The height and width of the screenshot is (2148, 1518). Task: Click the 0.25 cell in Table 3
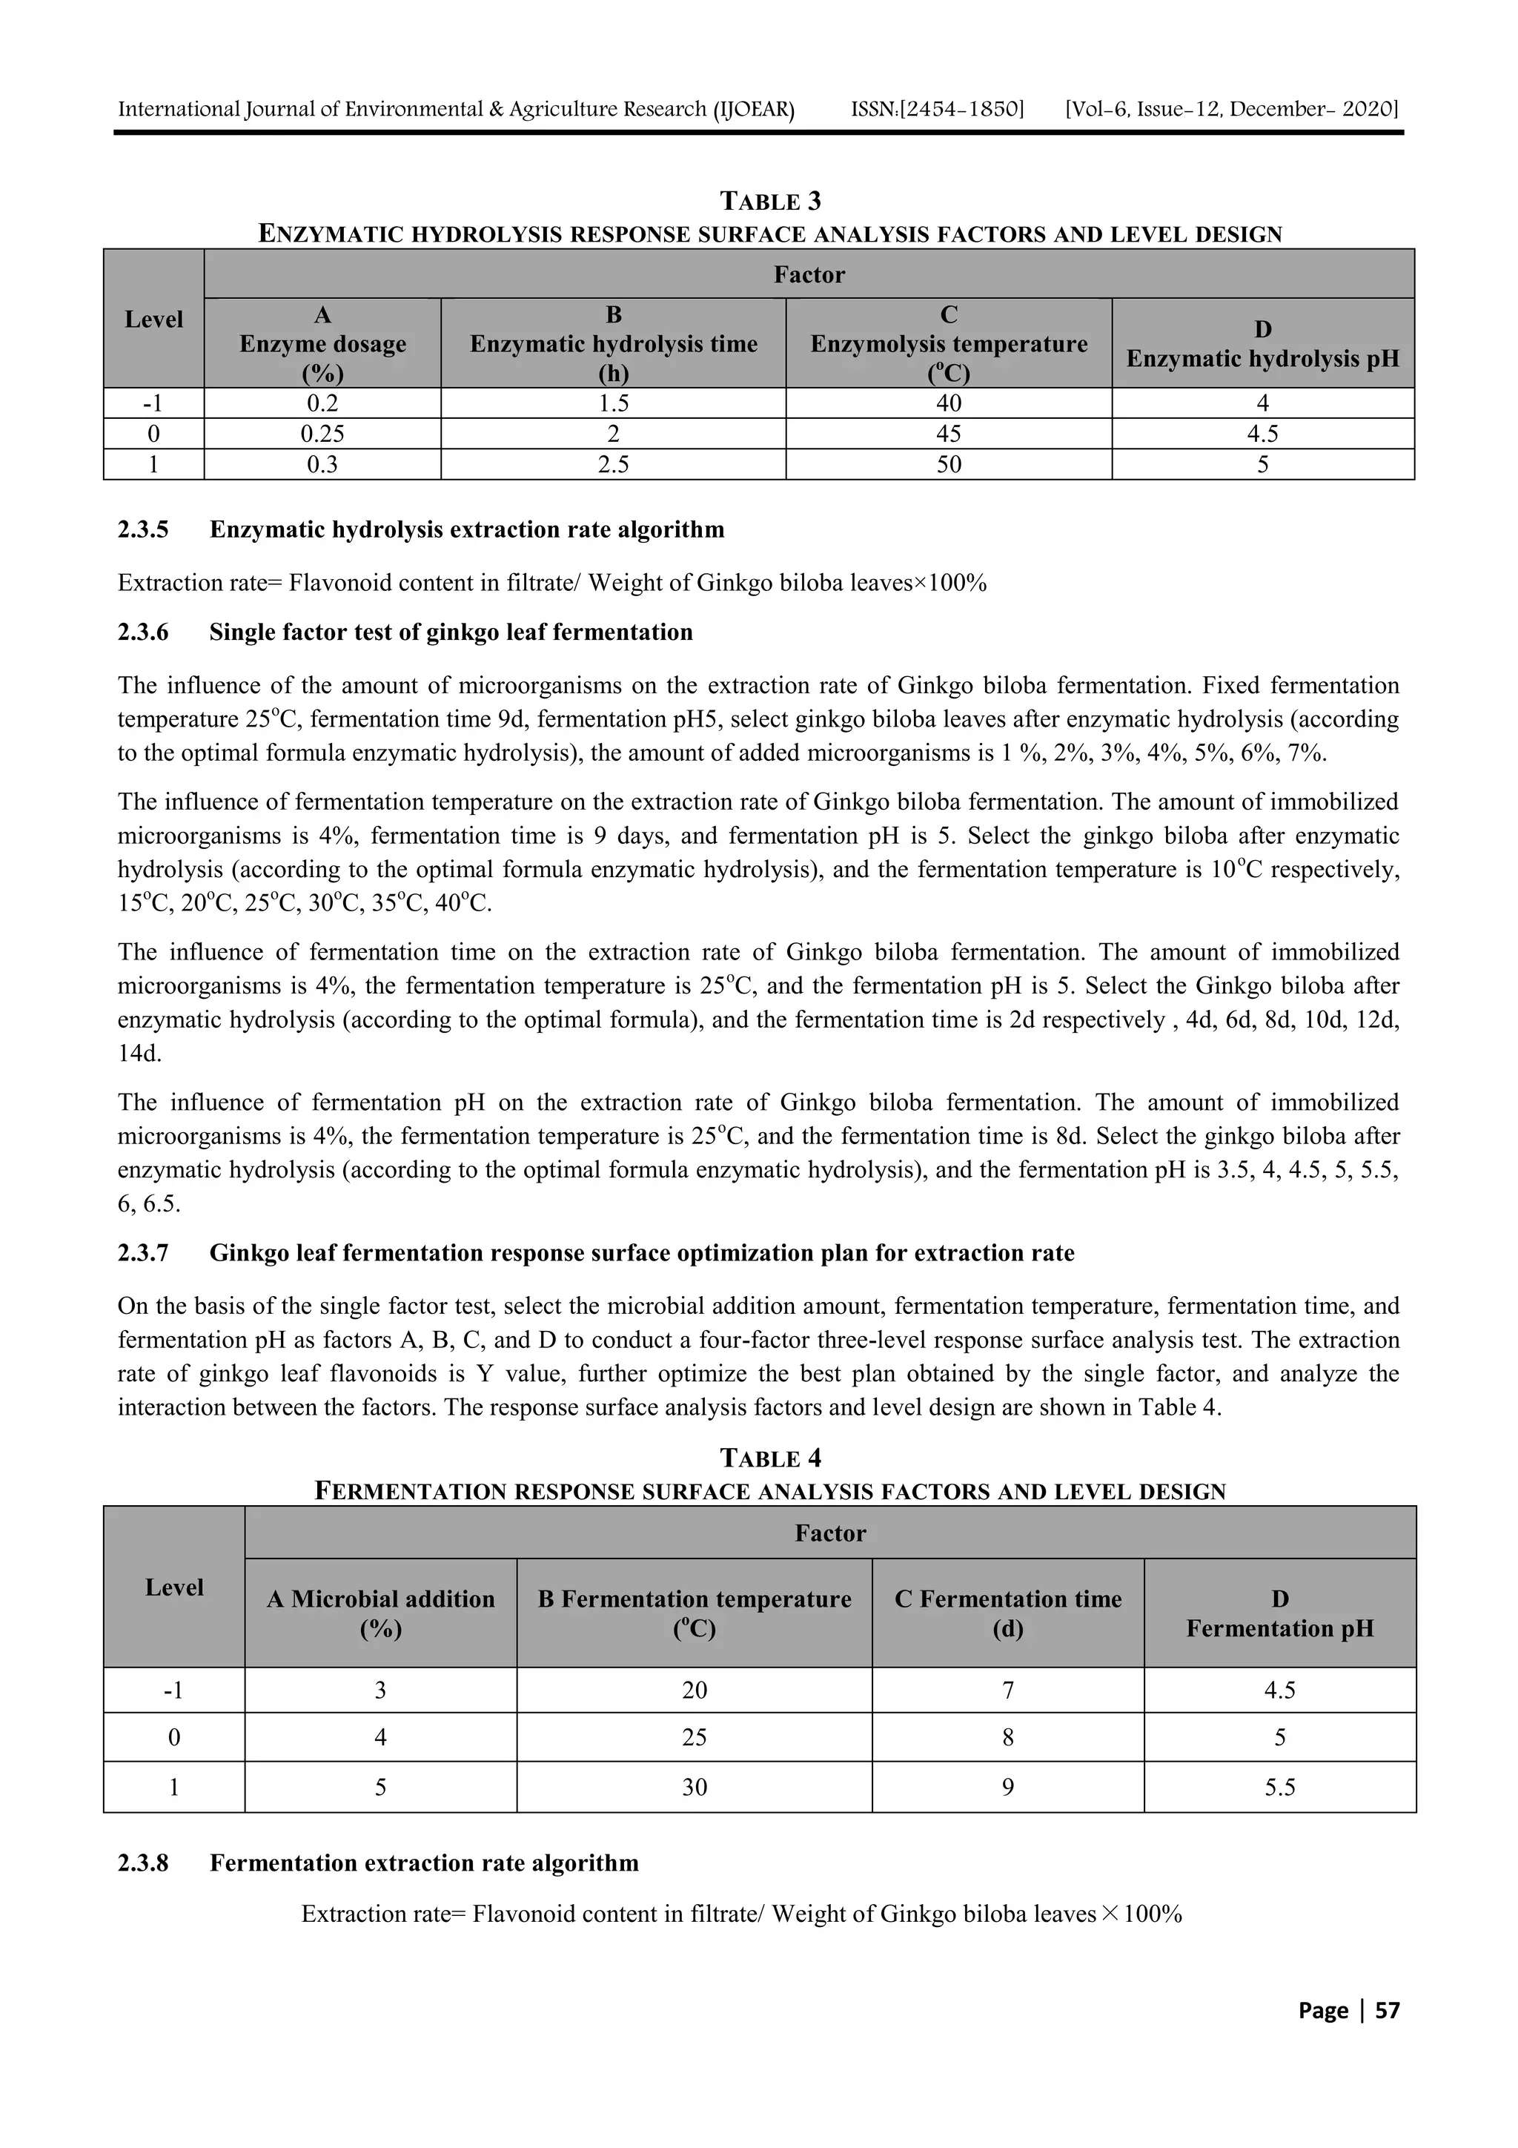tap(322, 434)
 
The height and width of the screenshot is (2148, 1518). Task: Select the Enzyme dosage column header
tap(322, 343)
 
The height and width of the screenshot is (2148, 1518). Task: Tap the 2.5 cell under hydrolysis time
tap(613, 465)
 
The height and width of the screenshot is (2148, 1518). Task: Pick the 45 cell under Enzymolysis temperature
tap(949, 434)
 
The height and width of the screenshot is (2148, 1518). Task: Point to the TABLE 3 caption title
tap(771, 201)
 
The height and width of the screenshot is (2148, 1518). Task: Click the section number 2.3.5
tap(143, 529)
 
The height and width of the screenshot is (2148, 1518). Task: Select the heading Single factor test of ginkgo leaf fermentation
tap(451, 632)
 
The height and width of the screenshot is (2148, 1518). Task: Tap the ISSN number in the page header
tap(937, 110)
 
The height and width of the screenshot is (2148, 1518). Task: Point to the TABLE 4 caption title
tap(771, 1458)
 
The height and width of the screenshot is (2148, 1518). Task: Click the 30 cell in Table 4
tap(694, 1788)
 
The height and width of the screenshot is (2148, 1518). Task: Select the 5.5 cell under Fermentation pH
tap(1279, 1788)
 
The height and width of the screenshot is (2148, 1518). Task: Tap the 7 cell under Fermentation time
tap(1007, 1691)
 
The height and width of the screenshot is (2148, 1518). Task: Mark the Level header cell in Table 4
tap(174, 1587)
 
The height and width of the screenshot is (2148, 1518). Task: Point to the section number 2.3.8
tap(143, 1863)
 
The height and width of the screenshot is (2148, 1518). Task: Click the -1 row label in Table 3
tap(153, 404)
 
